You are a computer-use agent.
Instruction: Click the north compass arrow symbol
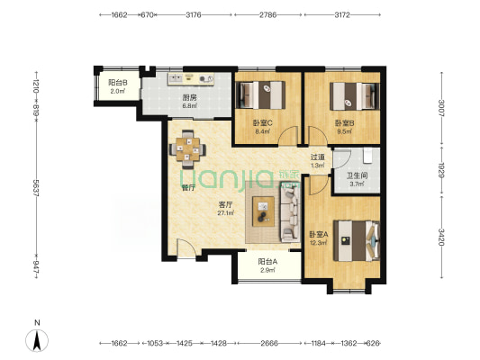(x=37, y=340)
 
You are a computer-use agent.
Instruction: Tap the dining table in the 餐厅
(x=187, y=149)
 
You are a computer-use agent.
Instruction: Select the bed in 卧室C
(x=262, y=94)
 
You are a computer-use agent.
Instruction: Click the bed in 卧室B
(x=355, y=96)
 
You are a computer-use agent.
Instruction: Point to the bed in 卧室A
(x=357, y=241)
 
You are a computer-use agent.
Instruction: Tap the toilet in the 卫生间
(x=367, y=156)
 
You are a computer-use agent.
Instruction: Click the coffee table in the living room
(x=263, y=211)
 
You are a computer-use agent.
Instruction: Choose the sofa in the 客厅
(x=290, y=215)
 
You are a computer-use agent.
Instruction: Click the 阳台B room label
(x=118, y=83)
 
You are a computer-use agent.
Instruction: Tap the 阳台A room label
(x=267, y=262)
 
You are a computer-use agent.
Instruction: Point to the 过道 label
(x=318, y=157)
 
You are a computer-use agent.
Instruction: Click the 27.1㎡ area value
(x=226, y=213)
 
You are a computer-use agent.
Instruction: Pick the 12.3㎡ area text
(x=319, y=243)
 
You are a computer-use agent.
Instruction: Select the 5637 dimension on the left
(x=36, y=188)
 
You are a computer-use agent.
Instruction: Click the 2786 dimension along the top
(x=268, y=14)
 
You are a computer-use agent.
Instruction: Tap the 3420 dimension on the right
(x=441, y=237)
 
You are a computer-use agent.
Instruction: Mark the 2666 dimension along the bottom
(x=269, y=343)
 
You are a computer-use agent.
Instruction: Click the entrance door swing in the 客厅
(x=186, y=248)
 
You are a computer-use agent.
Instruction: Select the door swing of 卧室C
(x=288, y=136)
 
